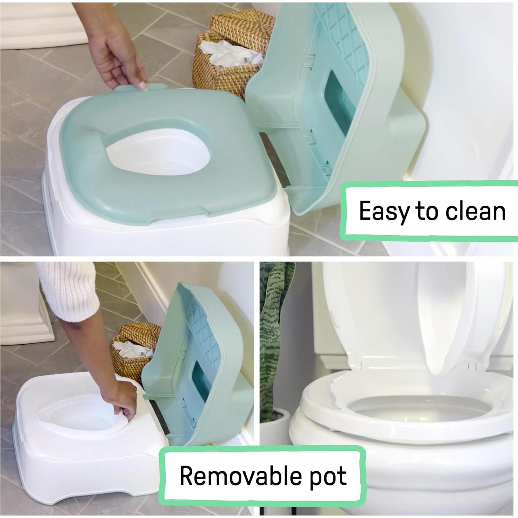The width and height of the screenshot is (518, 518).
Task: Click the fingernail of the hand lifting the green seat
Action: coord(142,86)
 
